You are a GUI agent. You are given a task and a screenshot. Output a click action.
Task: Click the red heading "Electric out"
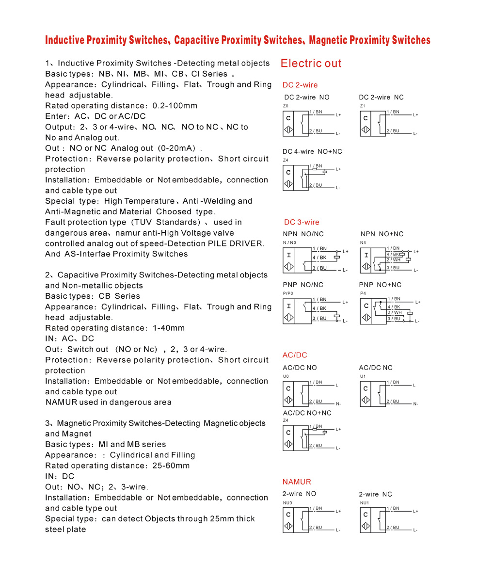[x=311, y=64]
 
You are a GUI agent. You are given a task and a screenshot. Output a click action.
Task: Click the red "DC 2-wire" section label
[x=300, y=85]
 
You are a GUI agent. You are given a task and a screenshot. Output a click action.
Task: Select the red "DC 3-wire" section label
[x=302, y=222]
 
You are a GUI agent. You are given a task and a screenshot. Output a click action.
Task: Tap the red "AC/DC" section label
[x=295, y=355]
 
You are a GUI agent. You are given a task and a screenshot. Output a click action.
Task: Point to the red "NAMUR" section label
[x=297, y=482]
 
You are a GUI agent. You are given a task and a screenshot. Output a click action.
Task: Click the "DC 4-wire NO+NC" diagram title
[x=312, y=152]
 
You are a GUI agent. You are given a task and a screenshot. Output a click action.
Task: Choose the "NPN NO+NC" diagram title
[x=382, y=234]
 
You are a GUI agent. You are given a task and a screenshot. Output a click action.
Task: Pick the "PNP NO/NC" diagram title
[x=303, y=285]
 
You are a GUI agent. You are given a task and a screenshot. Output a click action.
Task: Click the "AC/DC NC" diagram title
[x=376, y=368]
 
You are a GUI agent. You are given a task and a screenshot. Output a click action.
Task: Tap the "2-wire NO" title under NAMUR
[x=299, y=494]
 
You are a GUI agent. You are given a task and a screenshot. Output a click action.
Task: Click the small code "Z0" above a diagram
[x=286, y=106]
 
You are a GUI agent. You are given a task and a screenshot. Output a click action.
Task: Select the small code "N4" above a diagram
[x=363, y=242]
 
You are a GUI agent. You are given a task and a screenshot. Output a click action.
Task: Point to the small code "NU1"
[x=364, y=503]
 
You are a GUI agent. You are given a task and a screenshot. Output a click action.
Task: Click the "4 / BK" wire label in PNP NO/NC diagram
[x=319, y=308]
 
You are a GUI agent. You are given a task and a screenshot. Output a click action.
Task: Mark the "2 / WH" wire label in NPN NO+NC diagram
[x=394, y=260]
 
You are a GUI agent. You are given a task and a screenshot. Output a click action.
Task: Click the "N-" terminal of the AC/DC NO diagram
[x=338, y=404]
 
